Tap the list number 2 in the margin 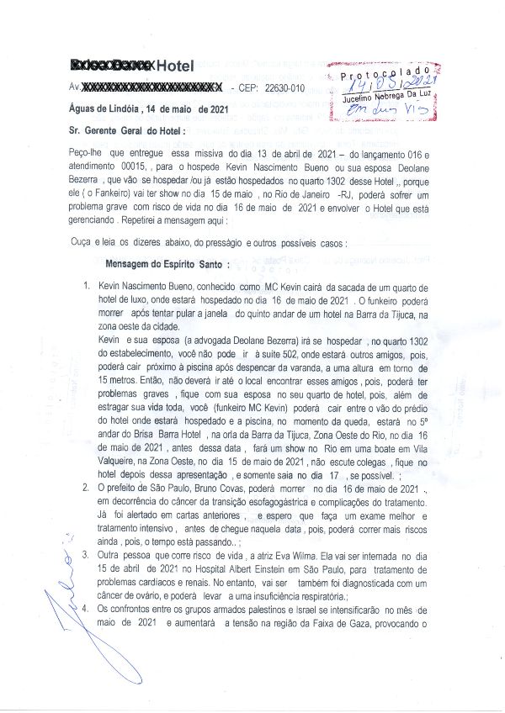[88, 488]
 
